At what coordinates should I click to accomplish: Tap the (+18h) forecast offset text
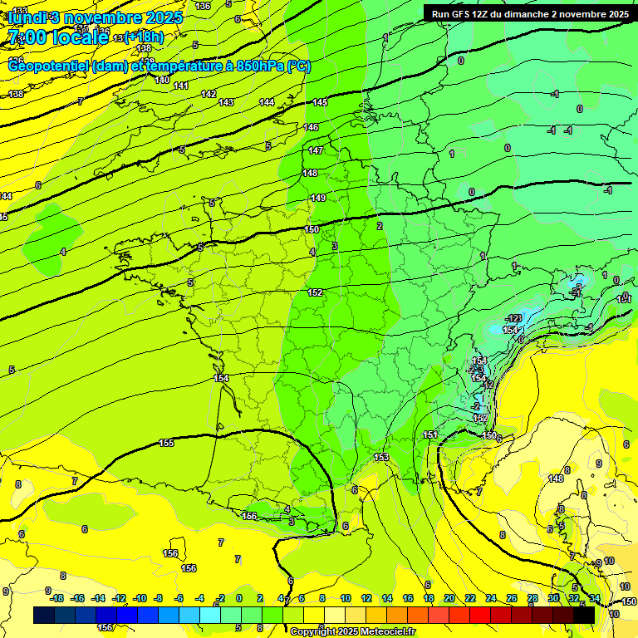[144, 37]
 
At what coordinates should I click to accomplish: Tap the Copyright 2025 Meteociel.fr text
[351, 632]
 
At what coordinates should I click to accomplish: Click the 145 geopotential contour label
[320, 102]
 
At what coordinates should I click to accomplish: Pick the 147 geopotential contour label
[316, 150]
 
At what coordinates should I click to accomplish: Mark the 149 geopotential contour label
[318, 198]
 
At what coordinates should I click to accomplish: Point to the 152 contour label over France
[316, 292]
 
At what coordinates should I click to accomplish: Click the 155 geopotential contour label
[166, 443]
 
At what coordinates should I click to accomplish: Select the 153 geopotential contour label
[381, 458]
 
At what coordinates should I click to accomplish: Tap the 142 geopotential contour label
[209, 94]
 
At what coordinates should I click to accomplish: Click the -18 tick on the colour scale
[56, 598]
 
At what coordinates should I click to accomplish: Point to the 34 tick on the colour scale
[595, 598]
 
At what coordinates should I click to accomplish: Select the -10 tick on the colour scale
[140, 598]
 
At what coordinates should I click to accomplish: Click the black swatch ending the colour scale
[584, 616]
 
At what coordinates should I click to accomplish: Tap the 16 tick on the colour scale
[407, 598]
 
